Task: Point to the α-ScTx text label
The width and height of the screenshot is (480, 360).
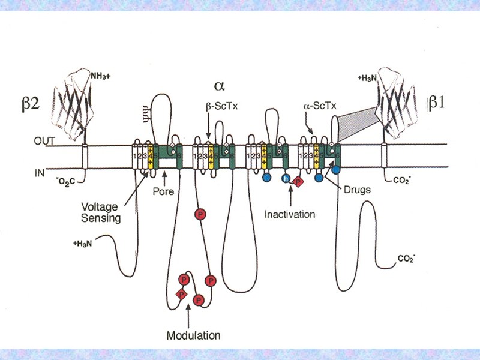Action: click(319, 106)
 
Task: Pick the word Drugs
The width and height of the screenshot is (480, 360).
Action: click(358, 190)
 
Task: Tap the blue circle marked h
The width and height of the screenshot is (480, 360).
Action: click(286, 179)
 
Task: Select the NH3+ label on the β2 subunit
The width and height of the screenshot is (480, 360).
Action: click(102, 76)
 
